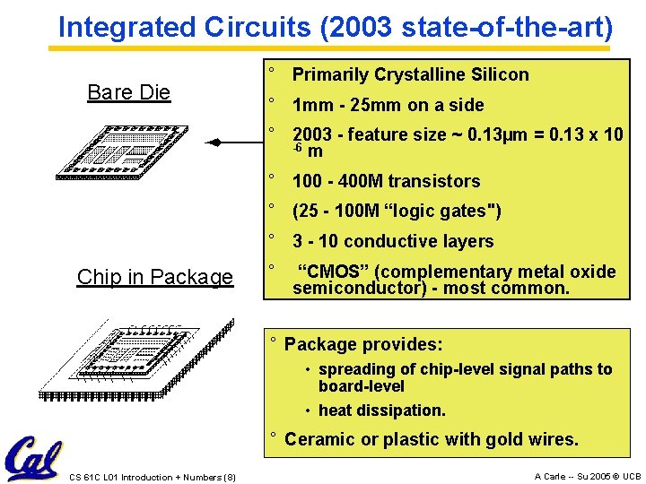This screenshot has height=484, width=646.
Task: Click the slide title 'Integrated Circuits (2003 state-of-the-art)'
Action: pos(336,27)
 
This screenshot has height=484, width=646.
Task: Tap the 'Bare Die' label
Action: pos(128,92)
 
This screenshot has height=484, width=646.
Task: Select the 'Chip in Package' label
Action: pos(154,277)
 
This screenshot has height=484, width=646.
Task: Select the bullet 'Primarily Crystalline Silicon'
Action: pos(410,74)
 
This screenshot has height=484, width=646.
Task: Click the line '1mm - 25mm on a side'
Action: pos(388,105)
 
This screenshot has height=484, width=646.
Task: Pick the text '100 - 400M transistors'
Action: pos(386,181)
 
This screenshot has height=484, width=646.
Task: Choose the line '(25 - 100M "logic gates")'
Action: pos(397,212)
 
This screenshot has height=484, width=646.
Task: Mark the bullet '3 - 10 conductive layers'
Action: pos(393,241)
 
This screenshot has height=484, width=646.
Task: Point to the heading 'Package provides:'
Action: pos(363,344)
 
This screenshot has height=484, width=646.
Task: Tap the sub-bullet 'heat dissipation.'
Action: pos(381,411)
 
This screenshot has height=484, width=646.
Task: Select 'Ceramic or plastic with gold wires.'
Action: pos(431,439)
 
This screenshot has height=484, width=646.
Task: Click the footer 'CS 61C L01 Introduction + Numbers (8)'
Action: pos(153,477)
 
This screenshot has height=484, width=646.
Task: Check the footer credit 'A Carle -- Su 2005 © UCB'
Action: pos(587,477)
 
